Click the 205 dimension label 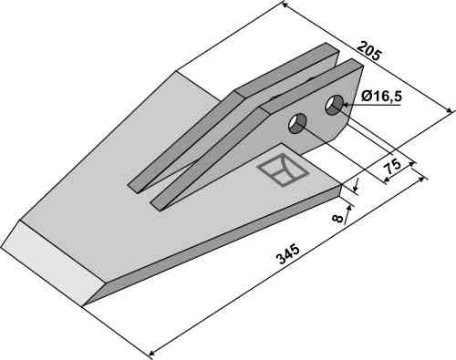(368, 52)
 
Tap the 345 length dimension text (287, 254)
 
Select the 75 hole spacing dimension (392, 168)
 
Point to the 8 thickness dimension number (337, 218)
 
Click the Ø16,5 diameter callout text (381, 97)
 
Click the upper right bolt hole (334, 105)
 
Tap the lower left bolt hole (297, 124)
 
